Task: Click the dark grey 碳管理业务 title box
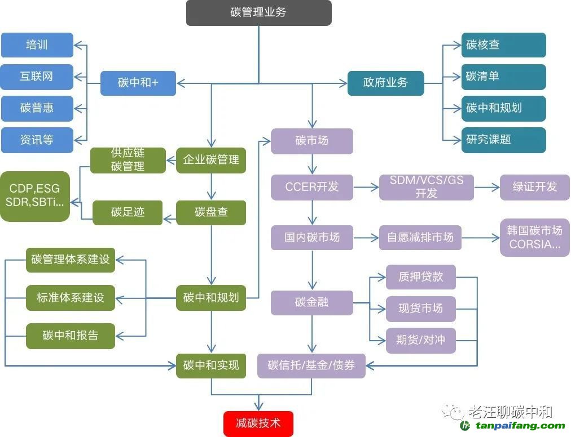pos(258,12)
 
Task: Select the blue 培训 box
pos(37,45)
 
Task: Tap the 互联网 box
pos(37,77)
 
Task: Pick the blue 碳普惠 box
pos(37,108)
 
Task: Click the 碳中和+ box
pos(138,83)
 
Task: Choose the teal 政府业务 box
pos(385,83)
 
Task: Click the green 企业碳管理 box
pos(211,159)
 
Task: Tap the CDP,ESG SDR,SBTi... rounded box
pos(35,195)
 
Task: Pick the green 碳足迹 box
pos(128,212)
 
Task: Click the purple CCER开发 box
pos(312,187)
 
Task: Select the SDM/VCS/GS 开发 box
pos(427,187)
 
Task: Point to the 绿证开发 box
pos(534,187)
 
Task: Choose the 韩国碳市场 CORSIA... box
pos(534,238)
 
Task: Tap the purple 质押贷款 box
pos(420,277)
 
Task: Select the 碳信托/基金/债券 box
pos(311,365)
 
